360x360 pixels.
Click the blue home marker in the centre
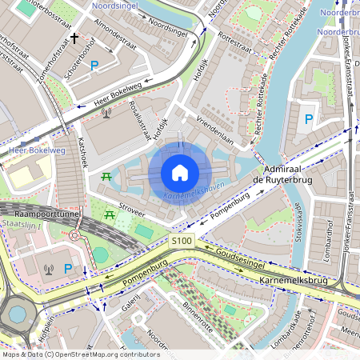coord(180,172)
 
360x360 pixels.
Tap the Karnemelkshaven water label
coord(193,193)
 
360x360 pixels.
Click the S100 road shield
coord(182,240)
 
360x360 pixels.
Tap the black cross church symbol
coord(74,38)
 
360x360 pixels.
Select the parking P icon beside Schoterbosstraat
coord(94,65)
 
